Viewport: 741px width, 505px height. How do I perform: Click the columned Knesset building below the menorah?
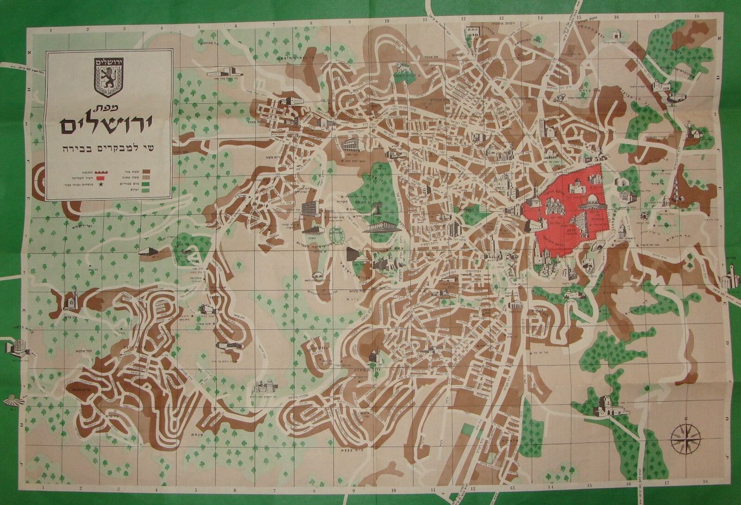coord(378,228)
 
